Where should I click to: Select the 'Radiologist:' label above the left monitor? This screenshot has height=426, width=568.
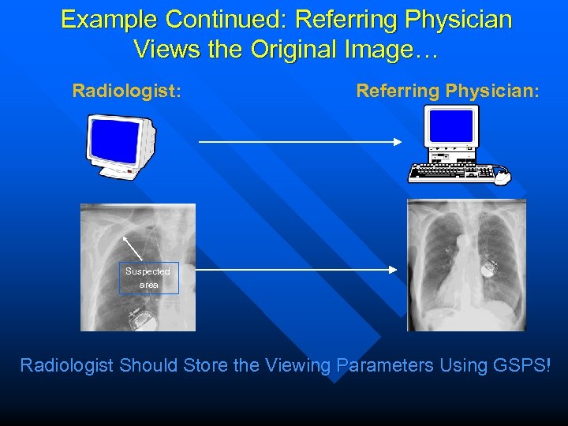point(127,91)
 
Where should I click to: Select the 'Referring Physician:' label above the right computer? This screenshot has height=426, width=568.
point(448,91)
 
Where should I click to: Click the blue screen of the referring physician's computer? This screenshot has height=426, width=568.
point(451,125)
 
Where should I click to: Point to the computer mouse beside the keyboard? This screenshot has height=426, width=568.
point(502,177)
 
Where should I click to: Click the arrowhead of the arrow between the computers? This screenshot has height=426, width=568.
point(398,142)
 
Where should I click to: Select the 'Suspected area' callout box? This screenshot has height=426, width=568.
point(148,278)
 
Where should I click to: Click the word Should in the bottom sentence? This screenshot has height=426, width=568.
point(150,365)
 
